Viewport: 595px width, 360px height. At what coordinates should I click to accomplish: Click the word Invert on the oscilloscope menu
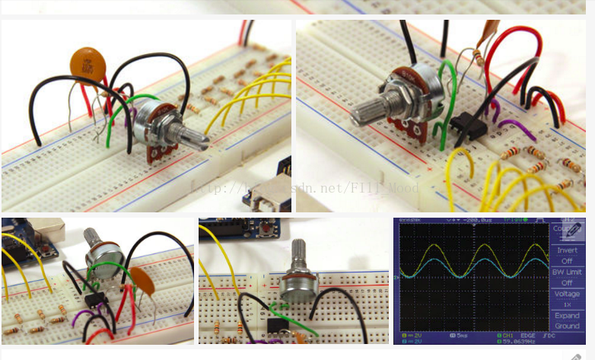coord(567,250)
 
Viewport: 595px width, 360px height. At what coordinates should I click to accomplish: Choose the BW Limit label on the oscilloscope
coord(567,272)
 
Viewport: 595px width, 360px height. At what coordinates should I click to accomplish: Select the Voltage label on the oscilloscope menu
coord(567,293)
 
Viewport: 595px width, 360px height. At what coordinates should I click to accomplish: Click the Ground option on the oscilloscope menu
coord(567,325)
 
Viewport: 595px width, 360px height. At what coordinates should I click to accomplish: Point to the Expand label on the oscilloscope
coord(567,315)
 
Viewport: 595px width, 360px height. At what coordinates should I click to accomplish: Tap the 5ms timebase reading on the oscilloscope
coord(462,336)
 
